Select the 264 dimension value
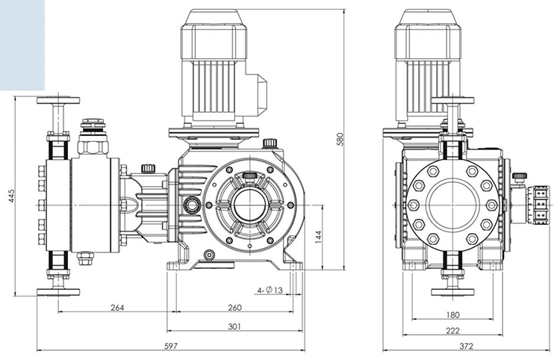(116, 308)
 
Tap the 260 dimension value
(234, 308)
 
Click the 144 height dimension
(319, 237)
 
